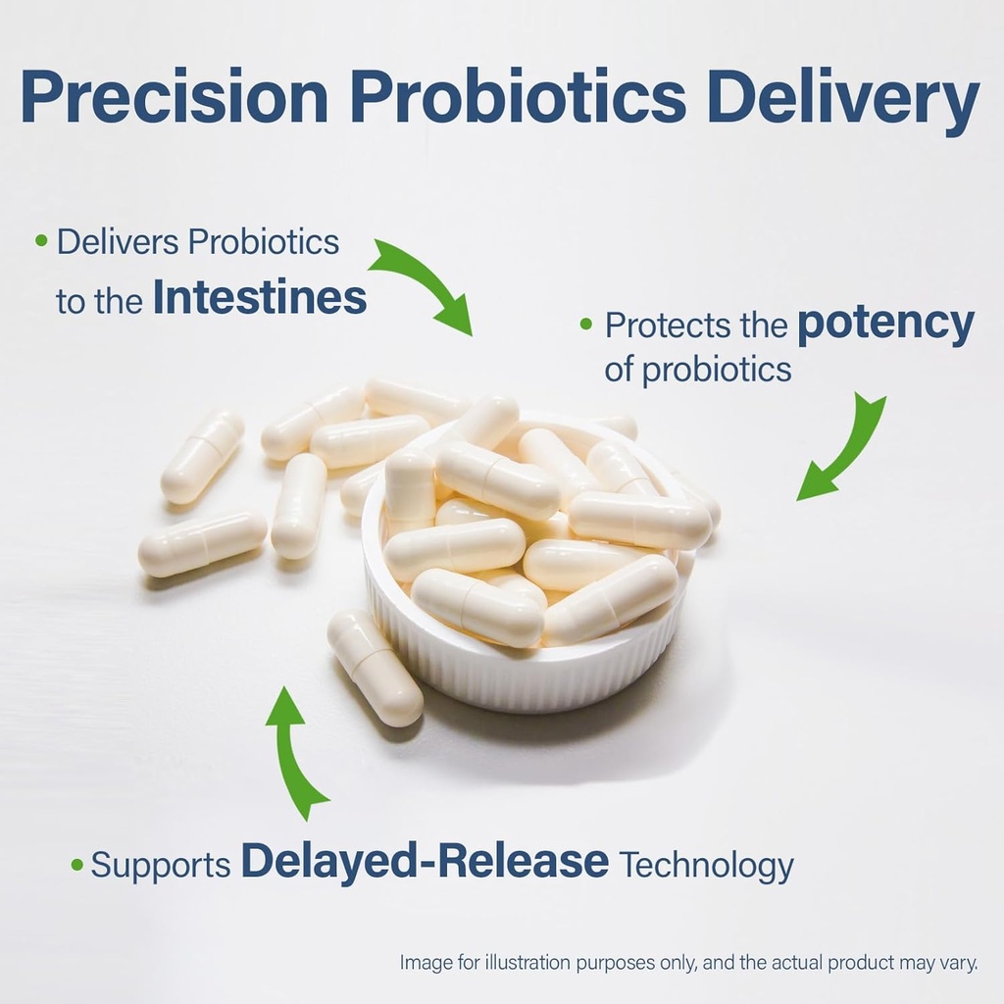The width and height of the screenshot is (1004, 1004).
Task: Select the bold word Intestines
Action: [260, 299]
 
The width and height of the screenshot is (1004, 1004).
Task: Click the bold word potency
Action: [885, 324]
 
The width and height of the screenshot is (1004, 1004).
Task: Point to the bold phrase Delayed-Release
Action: [425, 861]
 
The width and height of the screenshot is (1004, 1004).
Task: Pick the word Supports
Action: [161, 865]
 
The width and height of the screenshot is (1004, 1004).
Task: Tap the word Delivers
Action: [118, 242]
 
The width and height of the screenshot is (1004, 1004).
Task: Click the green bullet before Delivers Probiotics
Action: [41, 240]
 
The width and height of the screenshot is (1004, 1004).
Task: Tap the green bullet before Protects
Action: [586, 324]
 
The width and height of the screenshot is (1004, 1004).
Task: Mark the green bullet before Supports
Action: [77, 865]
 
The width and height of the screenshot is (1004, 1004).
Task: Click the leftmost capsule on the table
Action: [202, 543]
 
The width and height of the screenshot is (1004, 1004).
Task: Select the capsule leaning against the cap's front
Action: [376, 666]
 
